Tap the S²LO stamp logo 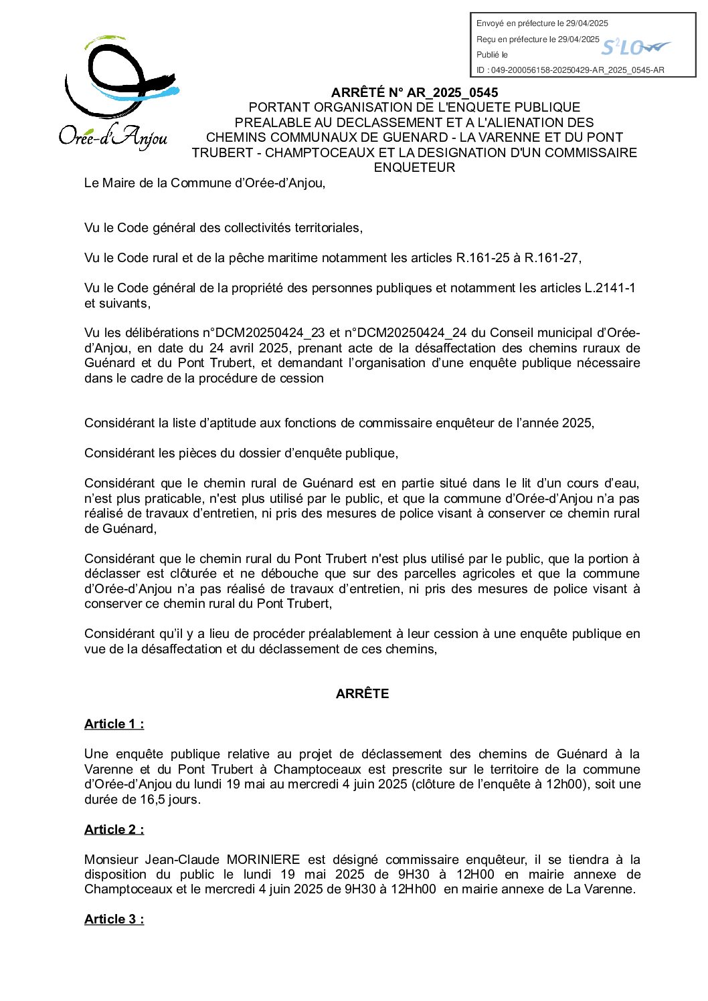click(x=634, y=47)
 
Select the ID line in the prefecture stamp click(x=570, y=70)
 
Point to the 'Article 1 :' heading click(x=114, y=724)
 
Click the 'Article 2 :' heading click(x=114, y=830)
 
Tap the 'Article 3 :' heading click(x=114, y=919)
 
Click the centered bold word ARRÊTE click(x=362, y=694)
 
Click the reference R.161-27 click(x=553, y=258)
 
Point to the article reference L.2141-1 click(x=610, y=288)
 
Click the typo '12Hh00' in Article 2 click(x=415, y=889)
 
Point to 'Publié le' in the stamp click(x=492, y=55)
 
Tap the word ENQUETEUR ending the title click(x=414, y=168)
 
